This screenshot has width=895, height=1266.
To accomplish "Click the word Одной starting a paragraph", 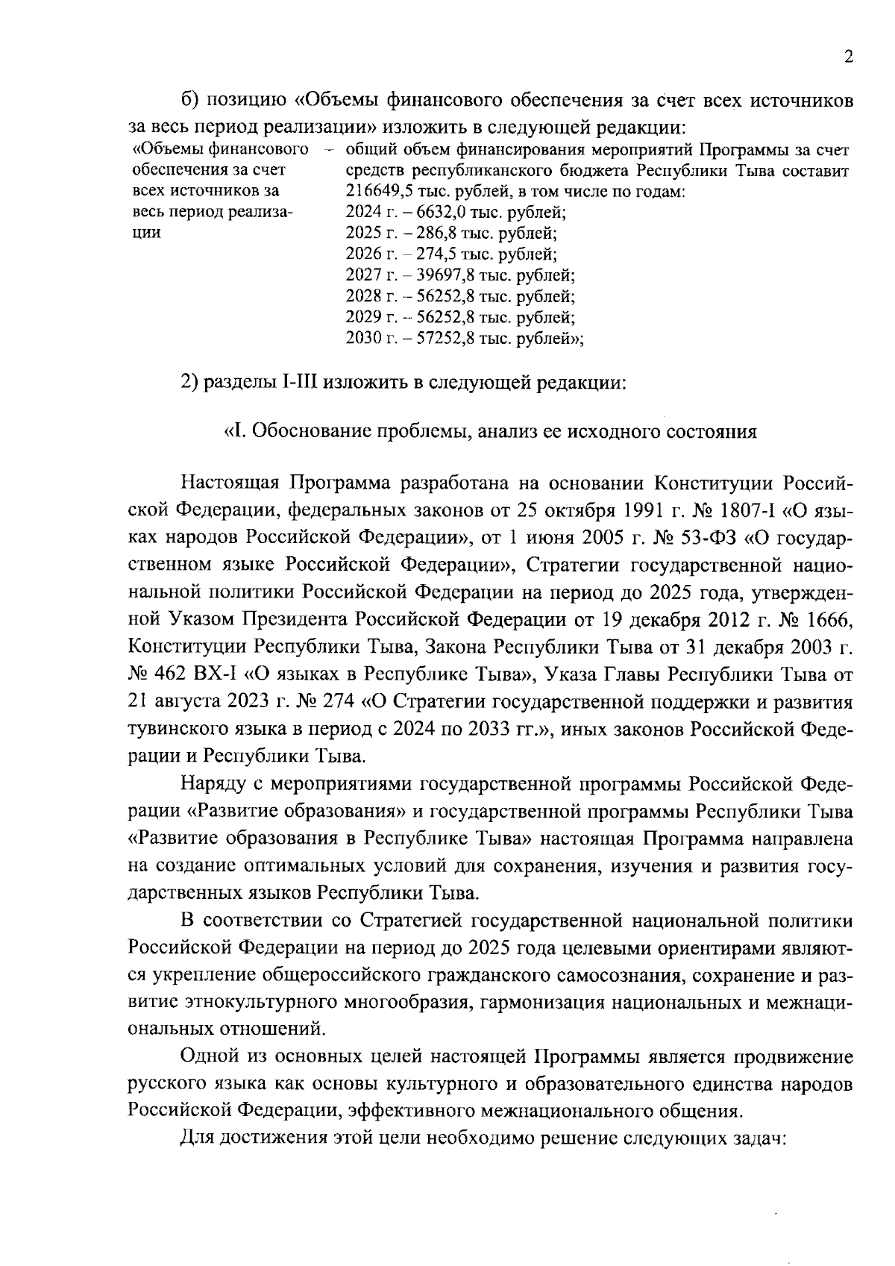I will (213, 1057).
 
